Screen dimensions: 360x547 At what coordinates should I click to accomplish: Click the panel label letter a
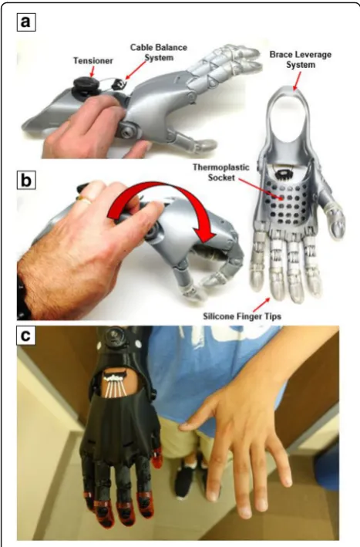tap(26, 22)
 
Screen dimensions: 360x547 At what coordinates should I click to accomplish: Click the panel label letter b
tap(26, 181)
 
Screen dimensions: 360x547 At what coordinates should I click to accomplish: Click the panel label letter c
tap(26, 336)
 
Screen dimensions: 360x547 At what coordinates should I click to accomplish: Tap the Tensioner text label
tap(93, 61)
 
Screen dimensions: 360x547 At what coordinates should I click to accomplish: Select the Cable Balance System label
tap(159, 52)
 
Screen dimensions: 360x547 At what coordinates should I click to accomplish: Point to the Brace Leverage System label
tap(301, 59)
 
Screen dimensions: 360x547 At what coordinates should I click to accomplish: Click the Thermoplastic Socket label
tap(221, 172)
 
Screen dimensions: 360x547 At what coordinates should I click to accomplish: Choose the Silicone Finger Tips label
tap(242, 316)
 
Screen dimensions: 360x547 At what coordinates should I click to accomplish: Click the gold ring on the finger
tap(85, 200)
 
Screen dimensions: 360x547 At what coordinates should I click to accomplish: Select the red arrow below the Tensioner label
tap(92, 72)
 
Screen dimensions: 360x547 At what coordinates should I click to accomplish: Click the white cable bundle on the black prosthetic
tap(115, 385)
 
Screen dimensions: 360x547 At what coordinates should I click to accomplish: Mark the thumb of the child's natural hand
tap(199, 422)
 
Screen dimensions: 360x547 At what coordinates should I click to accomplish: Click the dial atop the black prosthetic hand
tap(114, 336)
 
